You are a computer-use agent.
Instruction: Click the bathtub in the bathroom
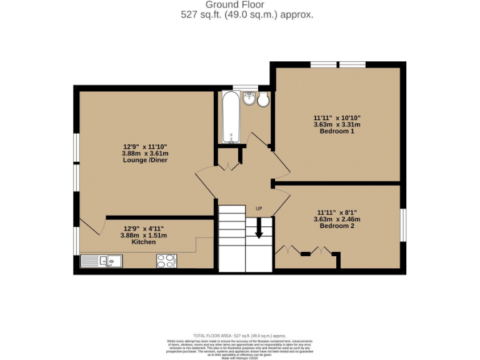click(x=230, y=117)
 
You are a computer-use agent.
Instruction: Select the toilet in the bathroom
click(x=263, y=99)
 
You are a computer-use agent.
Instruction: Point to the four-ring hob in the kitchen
click(x=166, y=261)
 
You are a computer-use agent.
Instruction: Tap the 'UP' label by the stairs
click(x=259, y=208)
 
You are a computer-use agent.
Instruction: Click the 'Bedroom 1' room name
click(x=337, y=132)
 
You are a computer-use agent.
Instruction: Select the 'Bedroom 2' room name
click(x=337, y=226)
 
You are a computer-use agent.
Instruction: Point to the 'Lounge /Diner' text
click(x=145, y=160)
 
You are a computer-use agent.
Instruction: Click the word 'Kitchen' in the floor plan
click(x=144, y=242)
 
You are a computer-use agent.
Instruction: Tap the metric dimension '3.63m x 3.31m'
click(x=337, y=124)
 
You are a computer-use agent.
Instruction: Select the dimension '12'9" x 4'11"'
click(x=144, y=228)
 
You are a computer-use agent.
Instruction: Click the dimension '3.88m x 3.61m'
click(x=145, y=153)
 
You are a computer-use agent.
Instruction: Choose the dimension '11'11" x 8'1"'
click(x=337, y=212)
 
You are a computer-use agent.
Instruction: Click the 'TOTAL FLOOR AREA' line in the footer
click(x=239, y=336)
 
